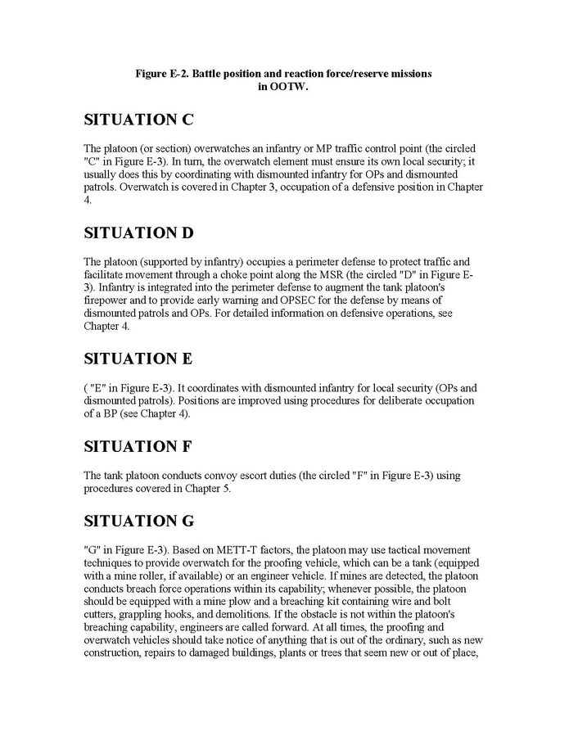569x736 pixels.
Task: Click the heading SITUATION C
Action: (x=138, y=120)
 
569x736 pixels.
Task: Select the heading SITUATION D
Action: (x=139, y=233)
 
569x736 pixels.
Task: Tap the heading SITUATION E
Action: (x=138, y=359)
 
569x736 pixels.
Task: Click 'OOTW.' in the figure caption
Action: (x=283, y=86)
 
